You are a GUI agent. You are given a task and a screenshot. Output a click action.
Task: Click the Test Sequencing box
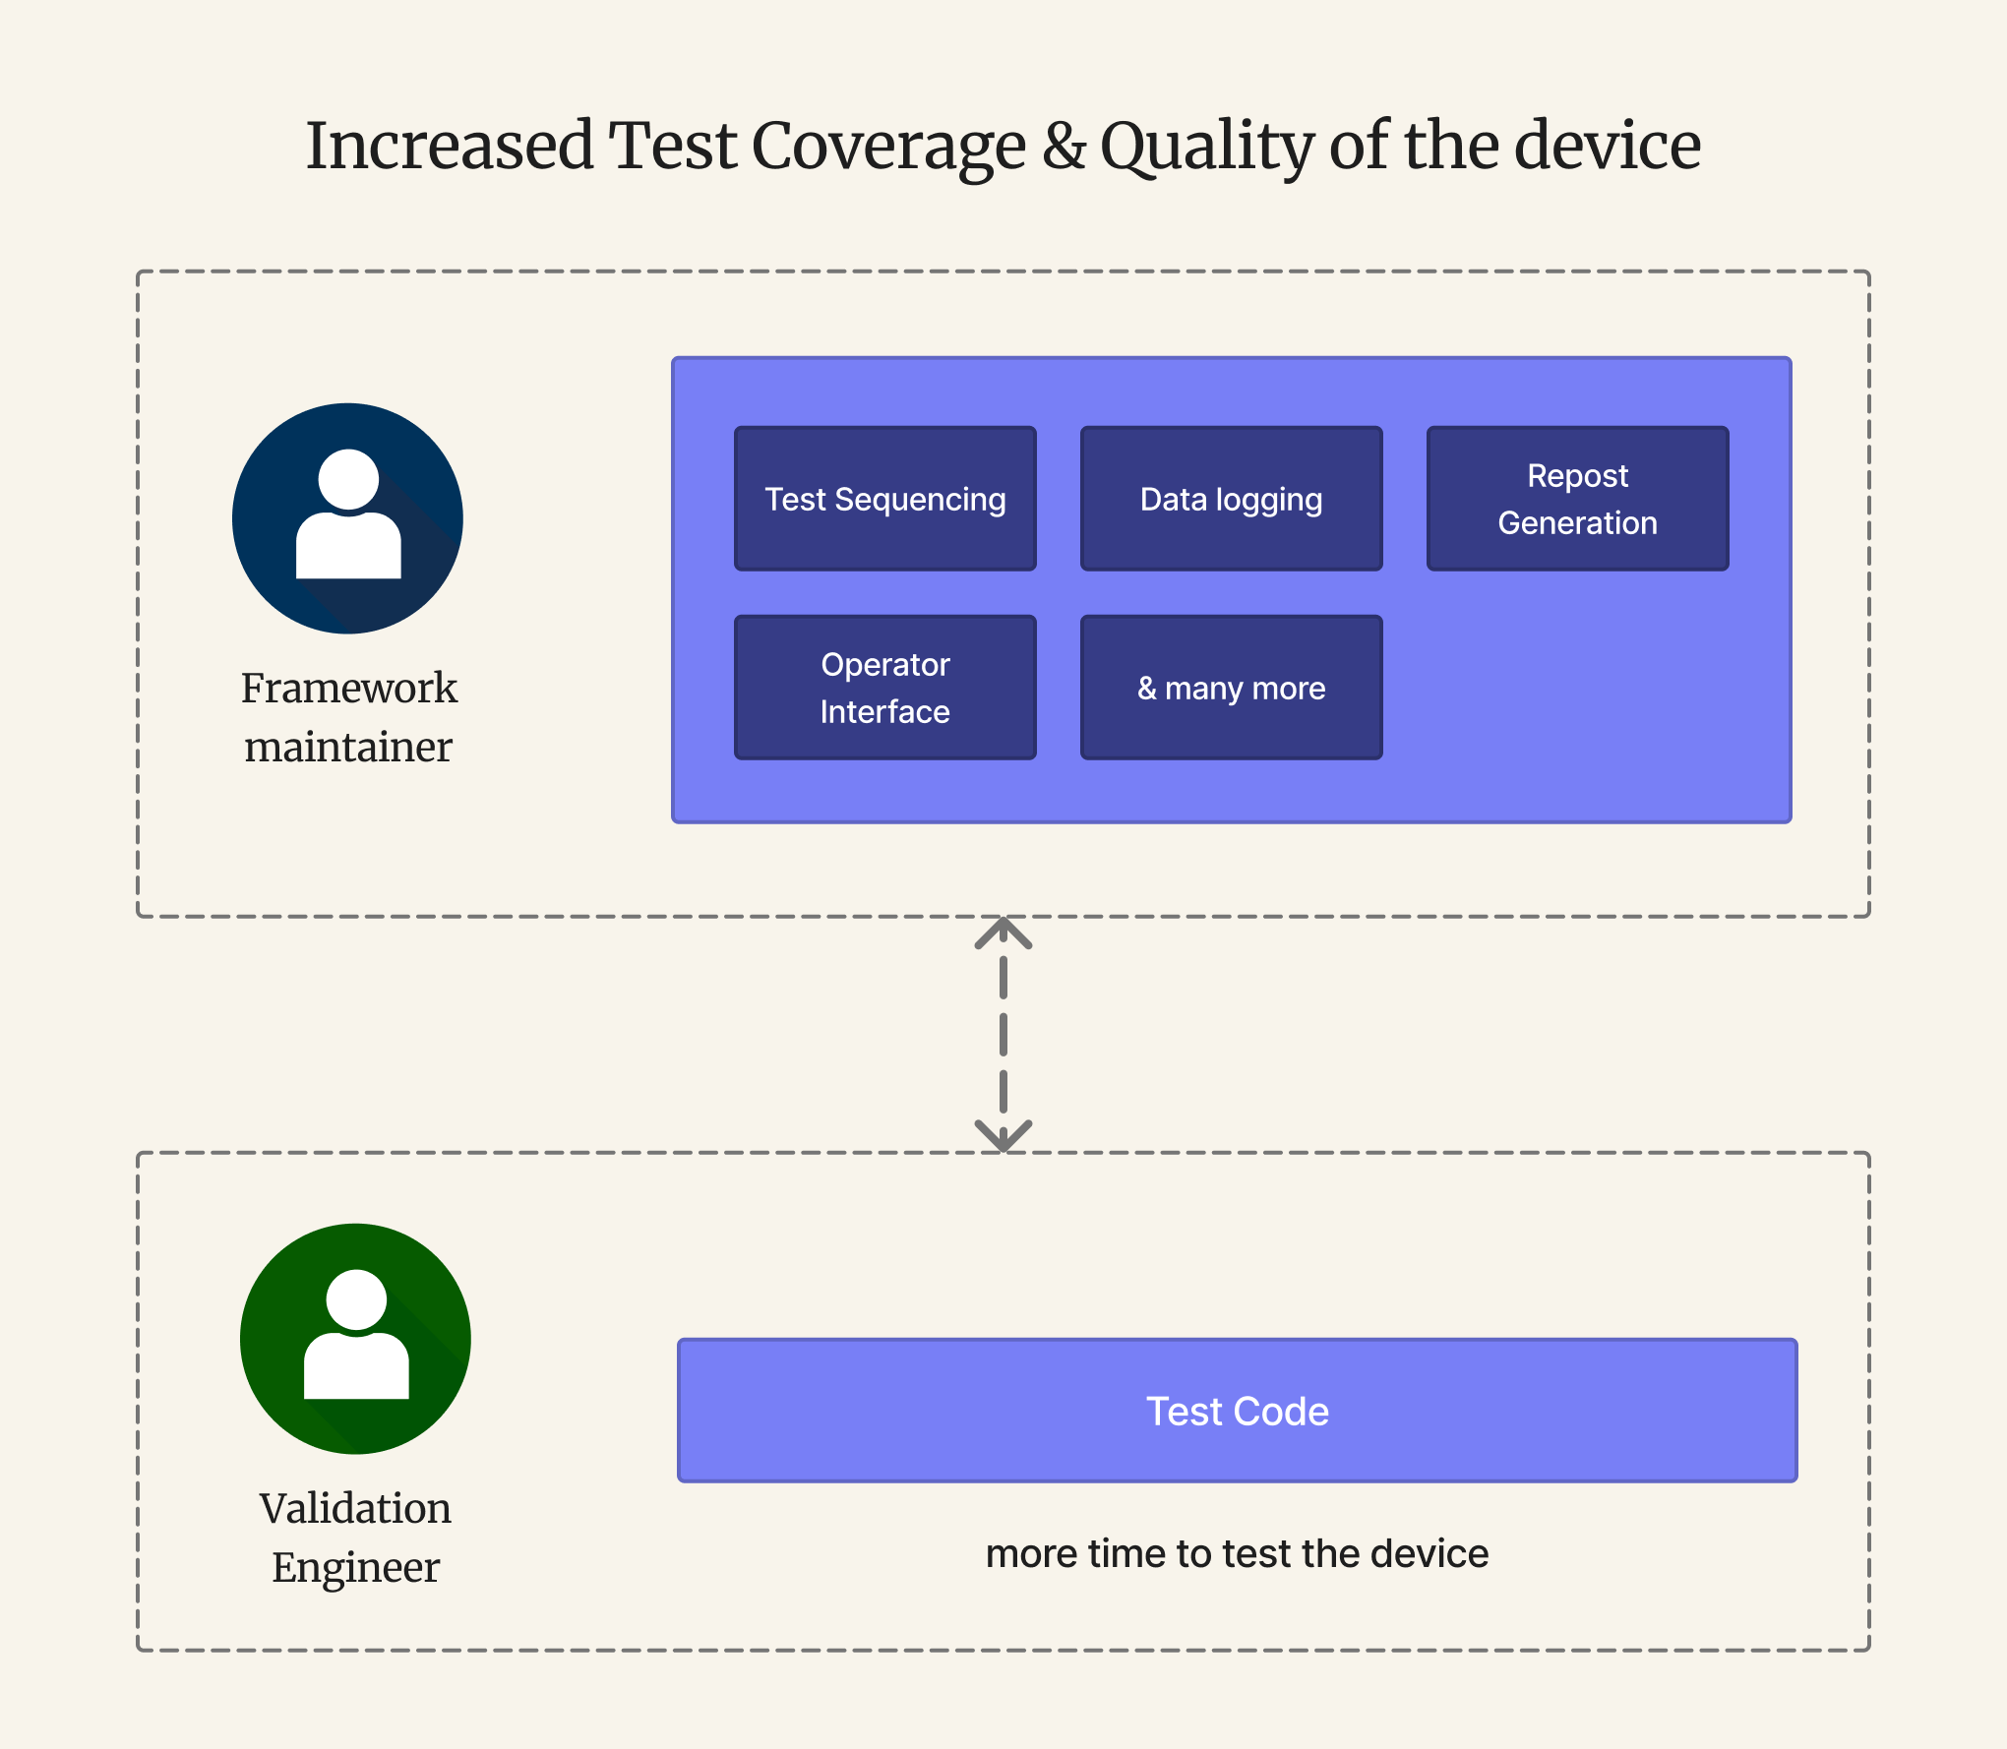click(x=884, y=499)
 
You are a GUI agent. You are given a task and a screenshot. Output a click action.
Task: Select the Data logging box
click(x=1231, y=499)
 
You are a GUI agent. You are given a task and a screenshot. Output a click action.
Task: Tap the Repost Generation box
click(x=1577, y=499)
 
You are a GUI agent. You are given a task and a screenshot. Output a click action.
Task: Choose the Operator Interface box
click(x=884, y=688)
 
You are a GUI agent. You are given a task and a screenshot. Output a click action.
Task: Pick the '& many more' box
click(x=1231, y=688)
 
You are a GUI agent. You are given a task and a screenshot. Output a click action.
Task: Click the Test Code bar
click(x=1237, y=1411)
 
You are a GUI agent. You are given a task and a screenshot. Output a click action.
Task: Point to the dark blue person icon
click(x=347, y=518)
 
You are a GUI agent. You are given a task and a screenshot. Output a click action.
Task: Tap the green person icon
click(x=355, y=1339)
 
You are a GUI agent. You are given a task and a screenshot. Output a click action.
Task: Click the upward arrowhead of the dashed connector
click(x=1003, y=931)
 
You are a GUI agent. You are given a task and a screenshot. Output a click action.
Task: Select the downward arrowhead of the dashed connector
click(x=1003, y=1137)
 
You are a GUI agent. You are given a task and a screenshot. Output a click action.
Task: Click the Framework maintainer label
click(x=349, y=717)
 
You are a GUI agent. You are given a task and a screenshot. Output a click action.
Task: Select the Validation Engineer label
click(x=355, y=1538)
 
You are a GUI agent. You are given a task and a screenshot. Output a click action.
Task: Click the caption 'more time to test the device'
click(x=1237, y=1554)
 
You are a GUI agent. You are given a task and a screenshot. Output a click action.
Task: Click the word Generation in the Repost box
click(x=1577, y=523)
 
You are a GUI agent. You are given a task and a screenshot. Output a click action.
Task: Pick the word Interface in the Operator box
click(x=884, y=712)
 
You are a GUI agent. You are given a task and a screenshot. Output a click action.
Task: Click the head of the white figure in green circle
click(x=355, y=1298)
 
